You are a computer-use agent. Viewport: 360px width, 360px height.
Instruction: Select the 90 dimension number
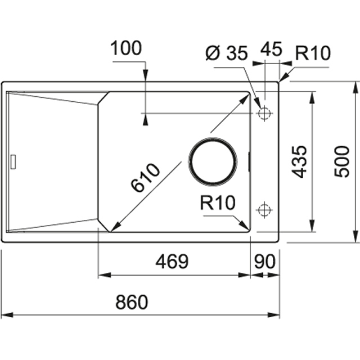pyautogui.click(x=265, y=262)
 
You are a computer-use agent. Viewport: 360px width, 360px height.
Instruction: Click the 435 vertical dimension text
pyautogui.click(x=300, y=161)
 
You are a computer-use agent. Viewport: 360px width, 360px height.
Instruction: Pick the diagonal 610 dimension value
pyautogui.click(x=146, y=177)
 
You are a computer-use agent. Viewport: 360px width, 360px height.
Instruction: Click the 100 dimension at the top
pyautogui.click(x=127, y=49)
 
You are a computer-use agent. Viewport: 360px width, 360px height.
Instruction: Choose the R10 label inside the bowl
pyautogui.click(x=217, y=203)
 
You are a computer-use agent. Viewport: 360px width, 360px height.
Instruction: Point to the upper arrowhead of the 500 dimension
pyautogui.click(x=355, y=86)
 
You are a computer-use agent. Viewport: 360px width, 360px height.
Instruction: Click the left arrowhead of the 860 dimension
pyautogui.click(x=4, y=315)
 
